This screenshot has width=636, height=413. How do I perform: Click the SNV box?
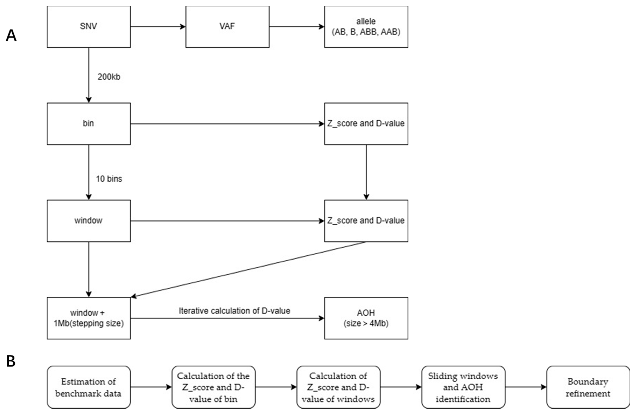pos(89,27)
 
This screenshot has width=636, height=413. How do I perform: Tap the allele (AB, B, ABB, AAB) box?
pos(366,27)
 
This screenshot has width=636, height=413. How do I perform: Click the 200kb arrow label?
pos(109,77)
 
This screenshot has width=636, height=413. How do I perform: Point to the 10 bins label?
pos(109,179)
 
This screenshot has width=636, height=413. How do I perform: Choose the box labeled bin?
pos(89,124)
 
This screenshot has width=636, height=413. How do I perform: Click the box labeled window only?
pos(89,221)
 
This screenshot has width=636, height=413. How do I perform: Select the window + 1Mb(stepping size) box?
pos(89,318)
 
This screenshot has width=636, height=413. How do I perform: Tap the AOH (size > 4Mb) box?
pos(366,318)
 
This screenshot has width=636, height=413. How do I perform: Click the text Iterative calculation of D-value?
pos(234,311)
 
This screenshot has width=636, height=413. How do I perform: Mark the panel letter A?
pos(11,36)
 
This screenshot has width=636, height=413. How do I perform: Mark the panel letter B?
pos(11,361)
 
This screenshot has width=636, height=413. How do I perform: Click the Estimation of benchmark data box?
pos(89,387)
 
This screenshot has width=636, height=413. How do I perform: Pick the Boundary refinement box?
pos(588,387)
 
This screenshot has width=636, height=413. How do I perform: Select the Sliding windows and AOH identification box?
pos(463,387)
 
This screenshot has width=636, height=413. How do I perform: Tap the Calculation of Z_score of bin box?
pos(213,387)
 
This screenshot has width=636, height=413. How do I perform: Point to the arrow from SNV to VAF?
pos(158,27)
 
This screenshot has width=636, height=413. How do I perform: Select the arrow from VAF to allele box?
pos(297,27)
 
